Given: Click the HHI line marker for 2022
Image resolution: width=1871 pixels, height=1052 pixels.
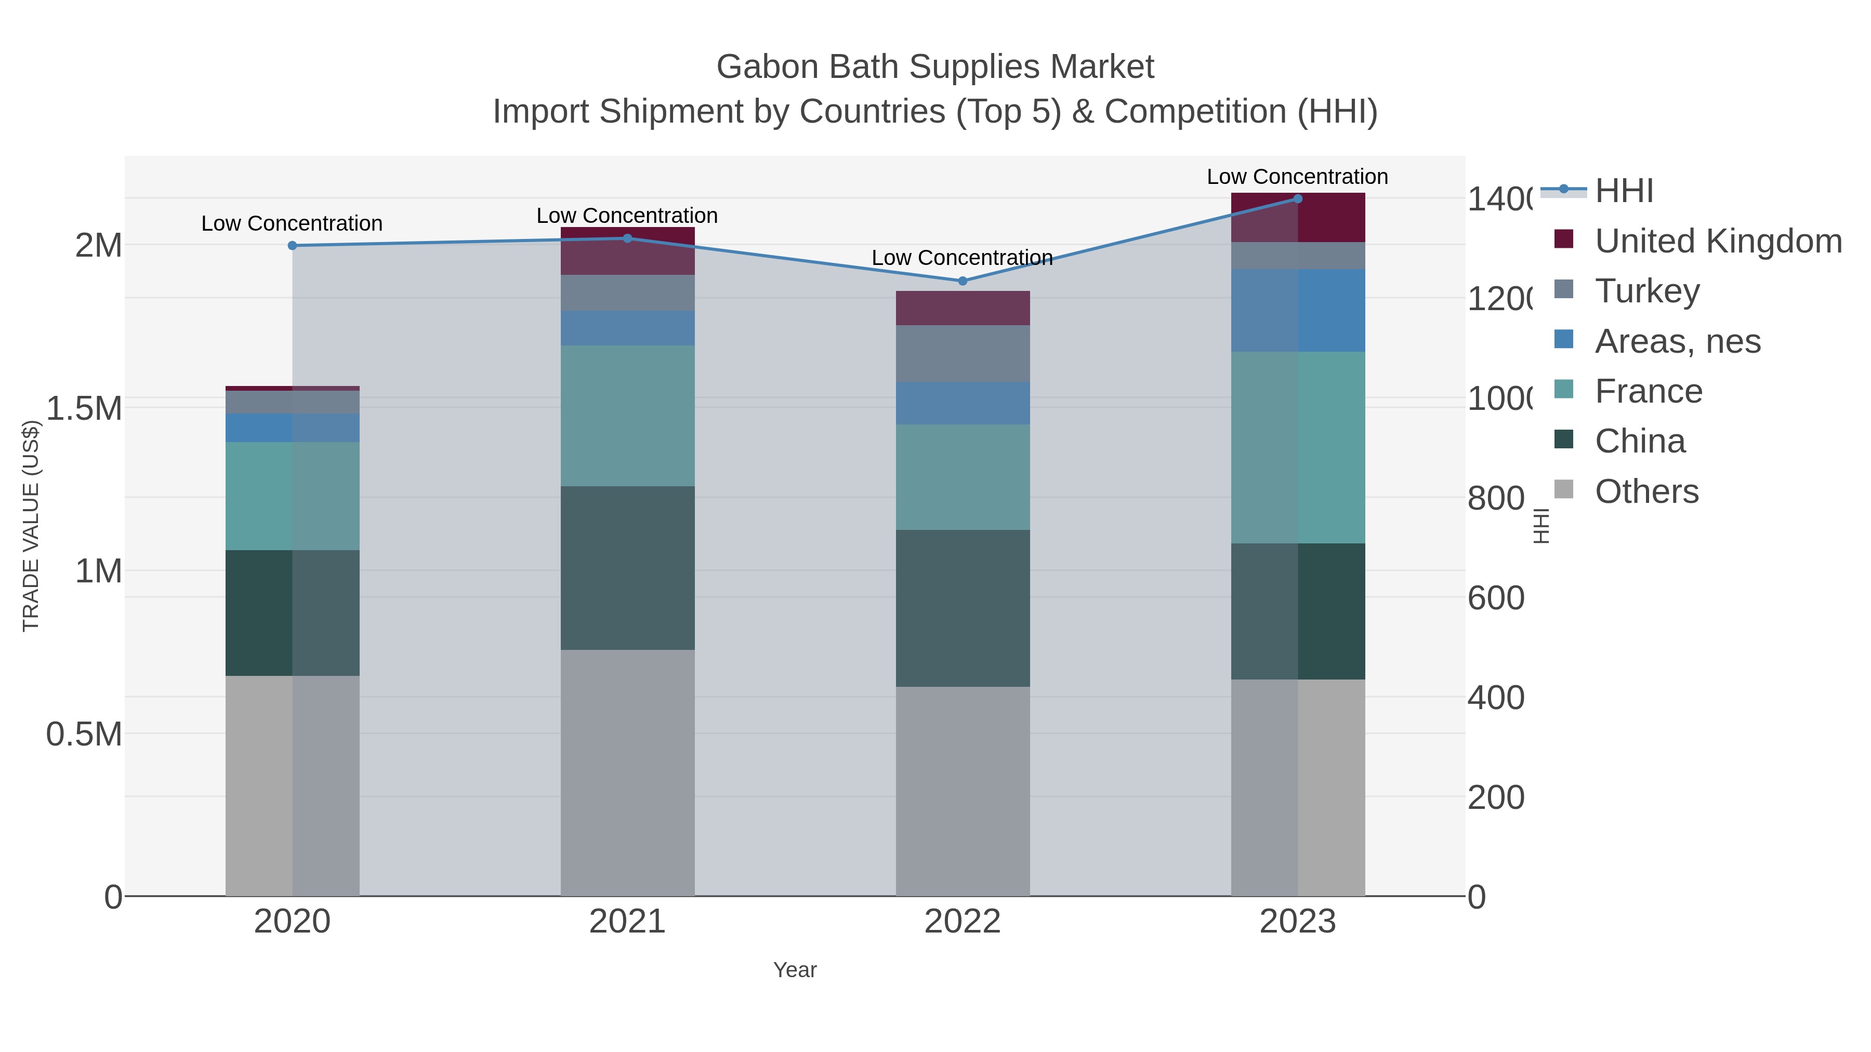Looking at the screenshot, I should pyautogui.click(x=963, y=281).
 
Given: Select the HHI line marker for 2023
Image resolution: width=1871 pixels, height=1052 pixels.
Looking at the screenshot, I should pyautogui.click(x=1298, y=199).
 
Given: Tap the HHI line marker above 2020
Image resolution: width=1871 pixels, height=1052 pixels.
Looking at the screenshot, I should pyautogui.click(x=293, y=245).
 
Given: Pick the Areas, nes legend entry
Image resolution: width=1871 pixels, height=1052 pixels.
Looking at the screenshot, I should pyautogui.click(x=1677, y=341).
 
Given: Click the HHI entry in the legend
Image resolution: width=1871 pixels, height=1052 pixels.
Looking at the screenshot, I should pyautogui.click(x=1624, y=191).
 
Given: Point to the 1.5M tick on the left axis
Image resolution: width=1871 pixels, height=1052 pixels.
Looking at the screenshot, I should pyautogui.click(x=84, y=408).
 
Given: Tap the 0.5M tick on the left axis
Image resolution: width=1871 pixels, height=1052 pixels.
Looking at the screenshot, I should pyautogui.click(x=84, y=734).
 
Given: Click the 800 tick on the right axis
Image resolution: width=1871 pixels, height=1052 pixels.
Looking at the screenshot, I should pyautogui.click(x=1495, y=499).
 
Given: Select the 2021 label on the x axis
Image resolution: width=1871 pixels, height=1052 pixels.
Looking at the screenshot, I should pyautogui.click(x=627, y=922).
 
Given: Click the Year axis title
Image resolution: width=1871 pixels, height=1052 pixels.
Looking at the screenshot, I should pyautogui.click(x=795, y=970).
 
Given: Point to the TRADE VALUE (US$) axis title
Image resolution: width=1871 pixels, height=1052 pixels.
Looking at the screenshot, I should pyautogui.click(x=31, y=526).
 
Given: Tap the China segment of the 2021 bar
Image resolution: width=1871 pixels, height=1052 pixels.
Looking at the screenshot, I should pyautogui.click(x=627, y=568).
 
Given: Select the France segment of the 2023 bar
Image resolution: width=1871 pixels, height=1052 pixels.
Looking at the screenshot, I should pyautogui.click(x=1298, y=447).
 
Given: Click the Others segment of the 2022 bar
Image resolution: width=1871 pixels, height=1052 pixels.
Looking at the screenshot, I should pyautogui.click(x=963, y=791).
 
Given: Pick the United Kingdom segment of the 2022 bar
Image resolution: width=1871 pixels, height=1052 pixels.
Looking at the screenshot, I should pyautogui.click(x=963, y=308).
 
